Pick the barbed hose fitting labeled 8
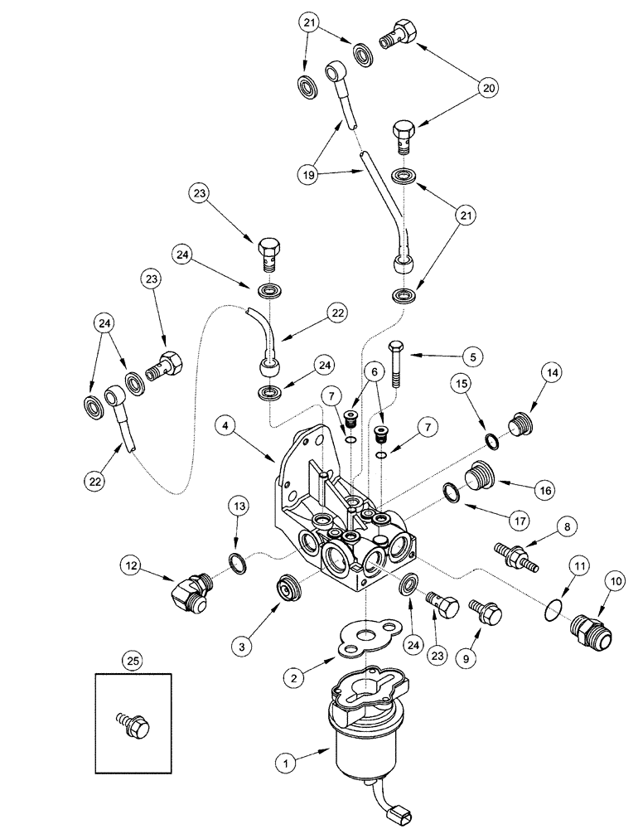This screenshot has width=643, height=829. (515, 554)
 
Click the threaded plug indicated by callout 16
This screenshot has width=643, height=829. (479, 480)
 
